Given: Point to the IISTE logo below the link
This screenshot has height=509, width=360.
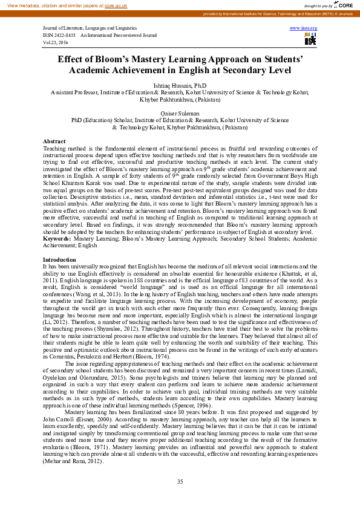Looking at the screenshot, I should click(310, 40).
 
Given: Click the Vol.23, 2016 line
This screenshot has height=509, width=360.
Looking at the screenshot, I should click(56, 43).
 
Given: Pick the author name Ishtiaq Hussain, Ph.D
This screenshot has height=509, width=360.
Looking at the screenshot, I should click(180, 86).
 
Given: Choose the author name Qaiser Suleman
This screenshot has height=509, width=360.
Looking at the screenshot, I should click(180, 113).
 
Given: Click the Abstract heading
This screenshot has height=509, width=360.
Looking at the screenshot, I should click(54, 141).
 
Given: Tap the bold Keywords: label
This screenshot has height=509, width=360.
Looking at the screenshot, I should click(57, 239).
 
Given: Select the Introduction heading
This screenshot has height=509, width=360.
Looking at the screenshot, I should click(60, 259).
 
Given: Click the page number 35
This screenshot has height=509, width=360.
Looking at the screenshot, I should click(180, 481).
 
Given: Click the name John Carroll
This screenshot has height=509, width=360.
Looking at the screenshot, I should click(56, 418).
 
